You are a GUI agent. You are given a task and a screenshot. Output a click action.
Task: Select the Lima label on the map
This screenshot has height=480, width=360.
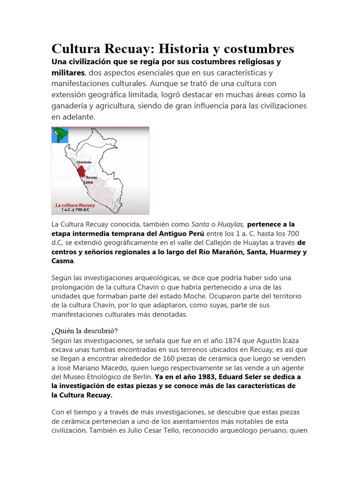click(88, 182)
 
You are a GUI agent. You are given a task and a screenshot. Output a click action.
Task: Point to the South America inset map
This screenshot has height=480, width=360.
click(60, 135)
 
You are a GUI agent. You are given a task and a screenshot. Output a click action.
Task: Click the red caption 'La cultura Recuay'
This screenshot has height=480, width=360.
click(75, 205)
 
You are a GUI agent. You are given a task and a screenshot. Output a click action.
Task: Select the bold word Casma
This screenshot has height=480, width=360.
click(62, 261)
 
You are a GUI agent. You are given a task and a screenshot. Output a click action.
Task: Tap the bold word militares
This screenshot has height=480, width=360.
click(68, 73)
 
